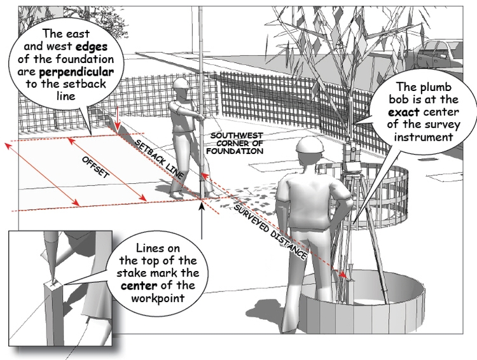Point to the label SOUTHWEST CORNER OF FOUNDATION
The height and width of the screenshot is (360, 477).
pos(237,144)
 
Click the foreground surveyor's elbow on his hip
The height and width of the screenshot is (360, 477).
pos(348,208)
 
